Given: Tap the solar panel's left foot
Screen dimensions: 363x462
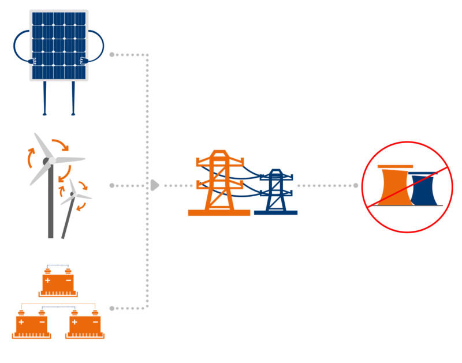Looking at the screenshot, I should pos(44,113).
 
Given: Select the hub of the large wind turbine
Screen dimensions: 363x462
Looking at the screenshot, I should pos(51,160).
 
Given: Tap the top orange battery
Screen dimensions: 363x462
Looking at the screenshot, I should pos(58,283).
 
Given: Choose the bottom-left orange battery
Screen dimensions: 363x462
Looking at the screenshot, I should pos(32,324).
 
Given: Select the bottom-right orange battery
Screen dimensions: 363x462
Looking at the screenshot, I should pos(84,324).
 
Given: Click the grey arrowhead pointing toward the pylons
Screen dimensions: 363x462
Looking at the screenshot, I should pos(154,185).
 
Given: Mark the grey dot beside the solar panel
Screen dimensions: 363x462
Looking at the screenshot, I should pos(111,54).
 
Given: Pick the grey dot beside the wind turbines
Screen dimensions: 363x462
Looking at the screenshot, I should pos(111,185).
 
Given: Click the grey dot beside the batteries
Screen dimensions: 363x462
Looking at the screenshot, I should pos(111,308).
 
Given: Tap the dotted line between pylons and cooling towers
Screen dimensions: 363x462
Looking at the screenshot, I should pos(326,185).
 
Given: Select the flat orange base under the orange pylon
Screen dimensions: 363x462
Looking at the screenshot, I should pos(219,212).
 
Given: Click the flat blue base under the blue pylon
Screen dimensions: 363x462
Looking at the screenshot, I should pos(275,212).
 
